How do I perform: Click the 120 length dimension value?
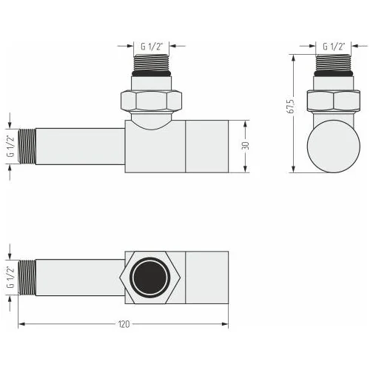[x=124, y=324]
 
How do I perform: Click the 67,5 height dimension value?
[x=292, y=107]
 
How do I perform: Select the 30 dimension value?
[x=246, y=146]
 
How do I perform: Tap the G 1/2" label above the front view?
[x=152, y=47]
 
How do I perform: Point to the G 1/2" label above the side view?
[x=334, y=47]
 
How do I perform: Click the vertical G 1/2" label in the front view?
[x=10, y=146]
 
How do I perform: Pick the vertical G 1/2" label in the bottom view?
[x=10, y=277]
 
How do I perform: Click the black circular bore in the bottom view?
[x=150, y=277]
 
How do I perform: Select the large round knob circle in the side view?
[x=334, y=147]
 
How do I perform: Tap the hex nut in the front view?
[x=151, y=101]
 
